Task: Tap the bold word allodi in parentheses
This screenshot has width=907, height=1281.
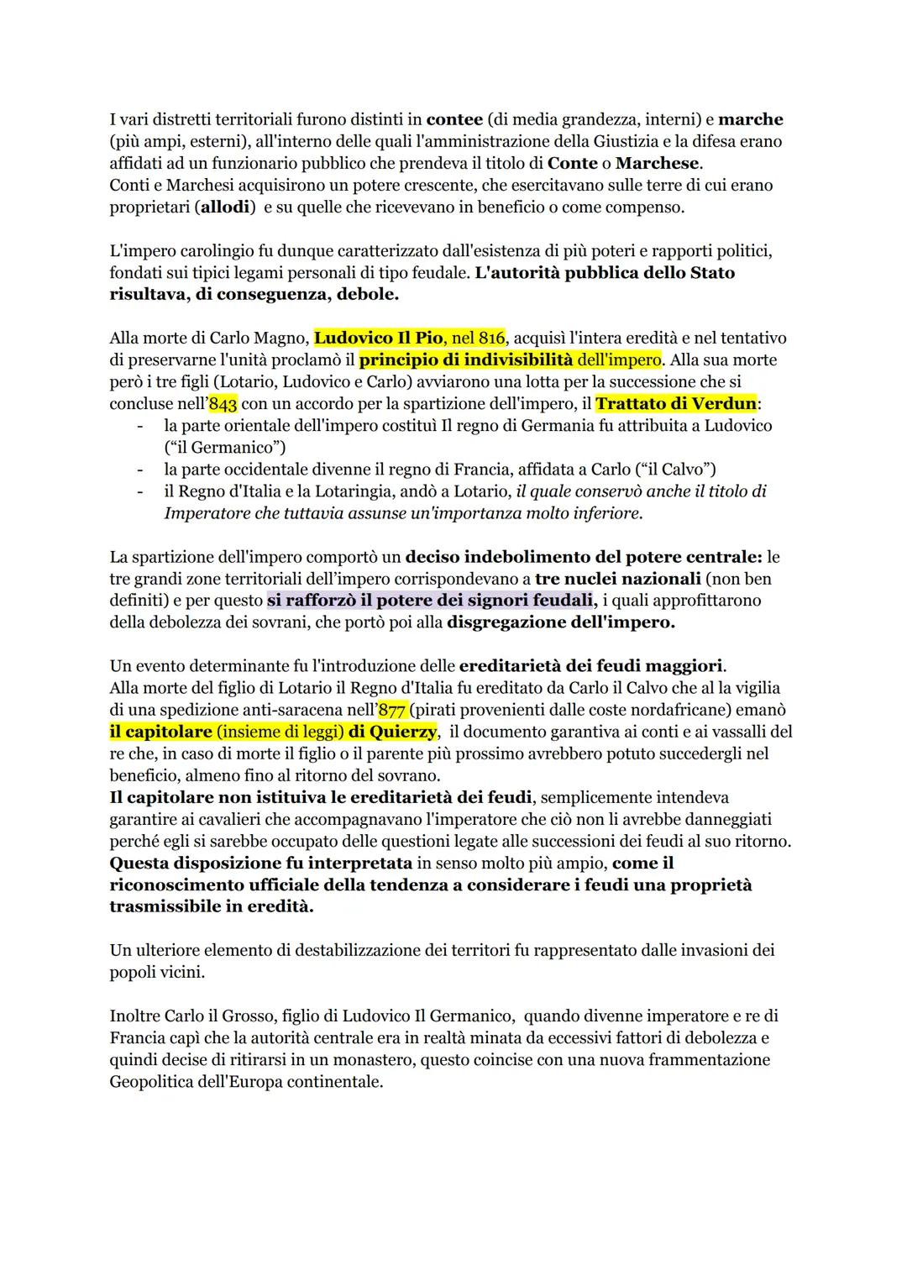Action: (x=226, y=207)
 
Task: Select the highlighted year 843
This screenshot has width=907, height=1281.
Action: (x=223, y=404)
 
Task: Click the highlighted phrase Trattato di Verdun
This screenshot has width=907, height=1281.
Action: (x=676, y=404)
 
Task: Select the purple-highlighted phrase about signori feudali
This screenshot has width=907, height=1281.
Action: (x=432, y=601)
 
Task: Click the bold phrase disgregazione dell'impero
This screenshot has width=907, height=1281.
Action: (x=561, y=622)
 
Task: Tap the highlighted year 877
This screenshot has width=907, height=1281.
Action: (x=392, y=710)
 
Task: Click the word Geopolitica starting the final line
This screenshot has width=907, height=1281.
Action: (x=160, y=1082)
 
